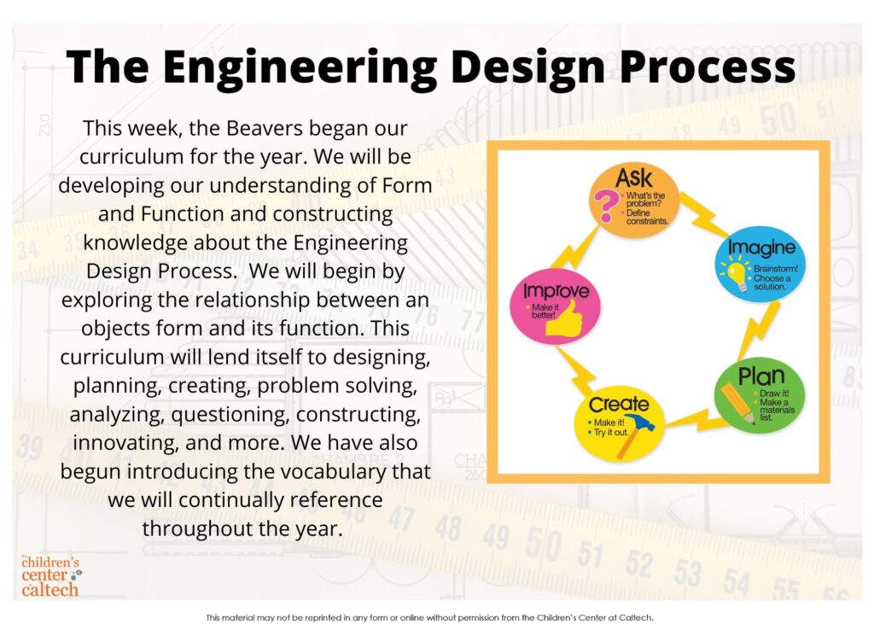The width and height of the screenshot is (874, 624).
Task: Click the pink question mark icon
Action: tap(603, 205)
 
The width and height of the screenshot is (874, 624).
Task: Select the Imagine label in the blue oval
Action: tap(761, 249)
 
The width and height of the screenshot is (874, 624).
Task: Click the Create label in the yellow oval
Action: tap(619, 404)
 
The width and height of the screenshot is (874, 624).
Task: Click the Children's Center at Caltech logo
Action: tap(50, 576)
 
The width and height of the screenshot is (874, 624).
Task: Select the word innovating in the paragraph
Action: tap(125, 443)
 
